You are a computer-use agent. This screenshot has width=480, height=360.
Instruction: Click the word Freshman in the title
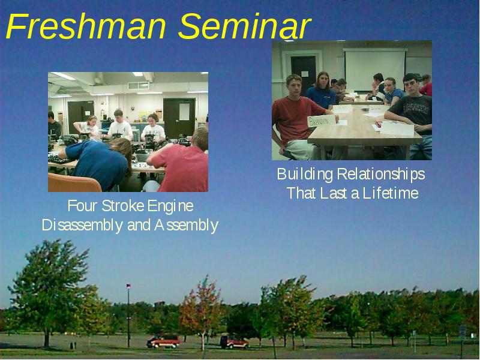point(86,26)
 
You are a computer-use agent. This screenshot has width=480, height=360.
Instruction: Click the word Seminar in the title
point(244,26)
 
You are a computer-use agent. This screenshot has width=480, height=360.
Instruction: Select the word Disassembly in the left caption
point(82,226)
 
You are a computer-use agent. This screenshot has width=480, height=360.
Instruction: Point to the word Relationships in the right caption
point(381,175)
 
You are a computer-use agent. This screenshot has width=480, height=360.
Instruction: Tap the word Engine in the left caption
point(170,206)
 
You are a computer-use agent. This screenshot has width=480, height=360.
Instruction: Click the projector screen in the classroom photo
point(375,70)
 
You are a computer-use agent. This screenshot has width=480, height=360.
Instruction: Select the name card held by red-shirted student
point(321,121)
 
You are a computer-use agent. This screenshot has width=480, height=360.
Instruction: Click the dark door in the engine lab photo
point(179,117)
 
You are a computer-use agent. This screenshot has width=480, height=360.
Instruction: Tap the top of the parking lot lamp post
point(128,286)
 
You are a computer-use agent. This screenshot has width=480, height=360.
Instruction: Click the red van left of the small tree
point(163,341)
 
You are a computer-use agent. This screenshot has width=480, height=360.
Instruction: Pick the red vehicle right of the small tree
point(234,342)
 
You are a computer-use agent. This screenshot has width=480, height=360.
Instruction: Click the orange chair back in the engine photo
point(73,183)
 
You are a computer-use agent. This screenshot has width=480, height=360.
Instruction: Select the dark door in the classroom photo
point(303,74)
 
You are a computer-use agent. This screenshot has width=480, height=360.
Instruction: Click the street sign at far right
point(462,332)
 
